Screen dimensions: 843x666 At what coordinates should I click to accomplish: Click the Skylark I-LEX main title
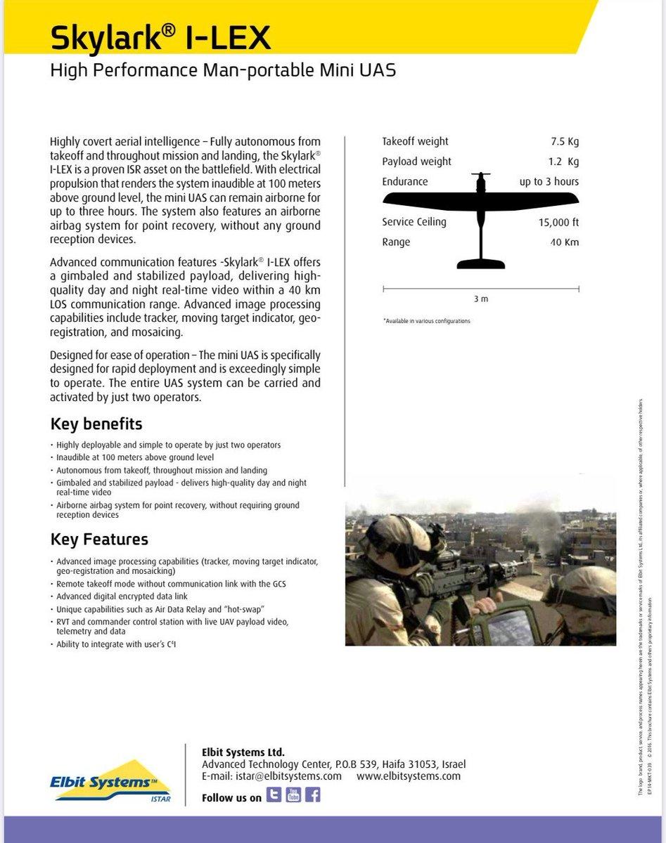click(160, 38)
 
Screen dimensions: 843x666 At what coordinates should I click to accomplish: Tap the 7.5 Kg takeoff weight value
click(565, 141)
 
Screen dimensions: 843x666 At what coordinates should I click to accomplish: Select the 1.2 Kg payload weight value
click(563, 162)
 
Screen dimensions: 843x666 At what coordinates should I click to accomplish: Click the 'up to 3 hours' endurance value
click(549, 182)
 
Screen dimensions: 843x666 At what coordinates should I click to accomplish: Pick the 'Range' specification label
click(396, 242)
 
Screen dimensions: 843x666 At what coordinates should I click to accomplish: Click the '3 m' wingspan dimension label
click(481, 299)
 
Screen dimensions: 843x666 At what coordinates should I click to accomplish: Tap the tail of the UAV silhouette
click(481, 263)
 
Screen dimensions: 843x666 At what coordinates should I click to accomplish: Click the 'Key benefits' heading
click(96, 424)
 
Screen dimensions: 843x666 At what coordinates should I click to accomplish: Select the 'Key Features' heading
click(99, 540)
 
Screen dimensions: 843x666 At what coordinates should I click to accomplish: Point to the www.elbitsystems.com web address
click(409, 776)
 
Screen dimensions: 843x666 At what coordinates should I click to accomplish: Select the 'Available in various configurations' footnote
click(427, 321)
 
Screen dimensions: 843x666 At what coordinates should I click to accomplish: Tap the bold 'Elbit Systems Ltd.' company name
click(243, 752)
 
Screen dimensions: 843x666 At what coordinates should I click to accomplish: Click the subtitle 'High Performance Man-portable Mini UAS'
click(223, 71)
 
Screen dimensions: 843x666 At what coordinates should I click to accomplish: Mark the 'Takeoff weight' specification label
click(415, 141)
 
